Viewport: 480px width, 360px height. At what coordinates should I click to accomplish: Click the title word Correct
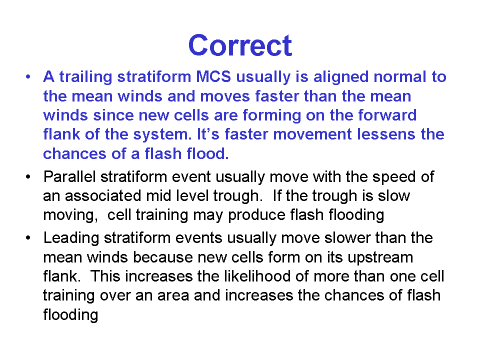click(x=240, y=45)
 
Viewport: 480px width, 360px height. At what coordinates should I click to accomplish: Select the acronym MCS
click(x=213, y=76)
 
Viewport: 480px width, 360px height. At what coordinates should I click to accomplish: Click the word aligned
click(x=340, y=77)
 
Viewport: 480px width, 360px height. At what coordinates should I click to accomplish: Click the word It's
click(x=208, y=134)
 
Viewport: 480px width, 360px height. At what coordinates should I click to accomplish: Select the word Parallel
click(x=69, y=176)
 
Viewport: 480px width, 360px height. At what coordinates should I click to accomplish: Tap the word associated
click(x=103, y=196)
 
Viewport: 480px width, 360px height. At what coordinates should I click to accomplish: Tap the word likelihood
click(x=257, y=276)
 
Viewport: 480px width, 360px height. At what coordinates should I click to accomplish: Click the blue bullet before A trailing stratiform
click(x=28, y=77)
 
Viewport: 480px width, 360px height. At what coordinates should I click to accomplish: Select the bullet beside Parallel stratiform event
click(x=28, y=177)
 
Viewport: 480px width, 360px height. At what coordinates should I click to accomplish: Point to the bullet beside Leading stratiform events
click(x=28, y=238)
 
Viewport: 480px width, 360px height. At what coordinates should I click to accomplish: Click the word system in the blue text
click(x=162, y=135)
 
